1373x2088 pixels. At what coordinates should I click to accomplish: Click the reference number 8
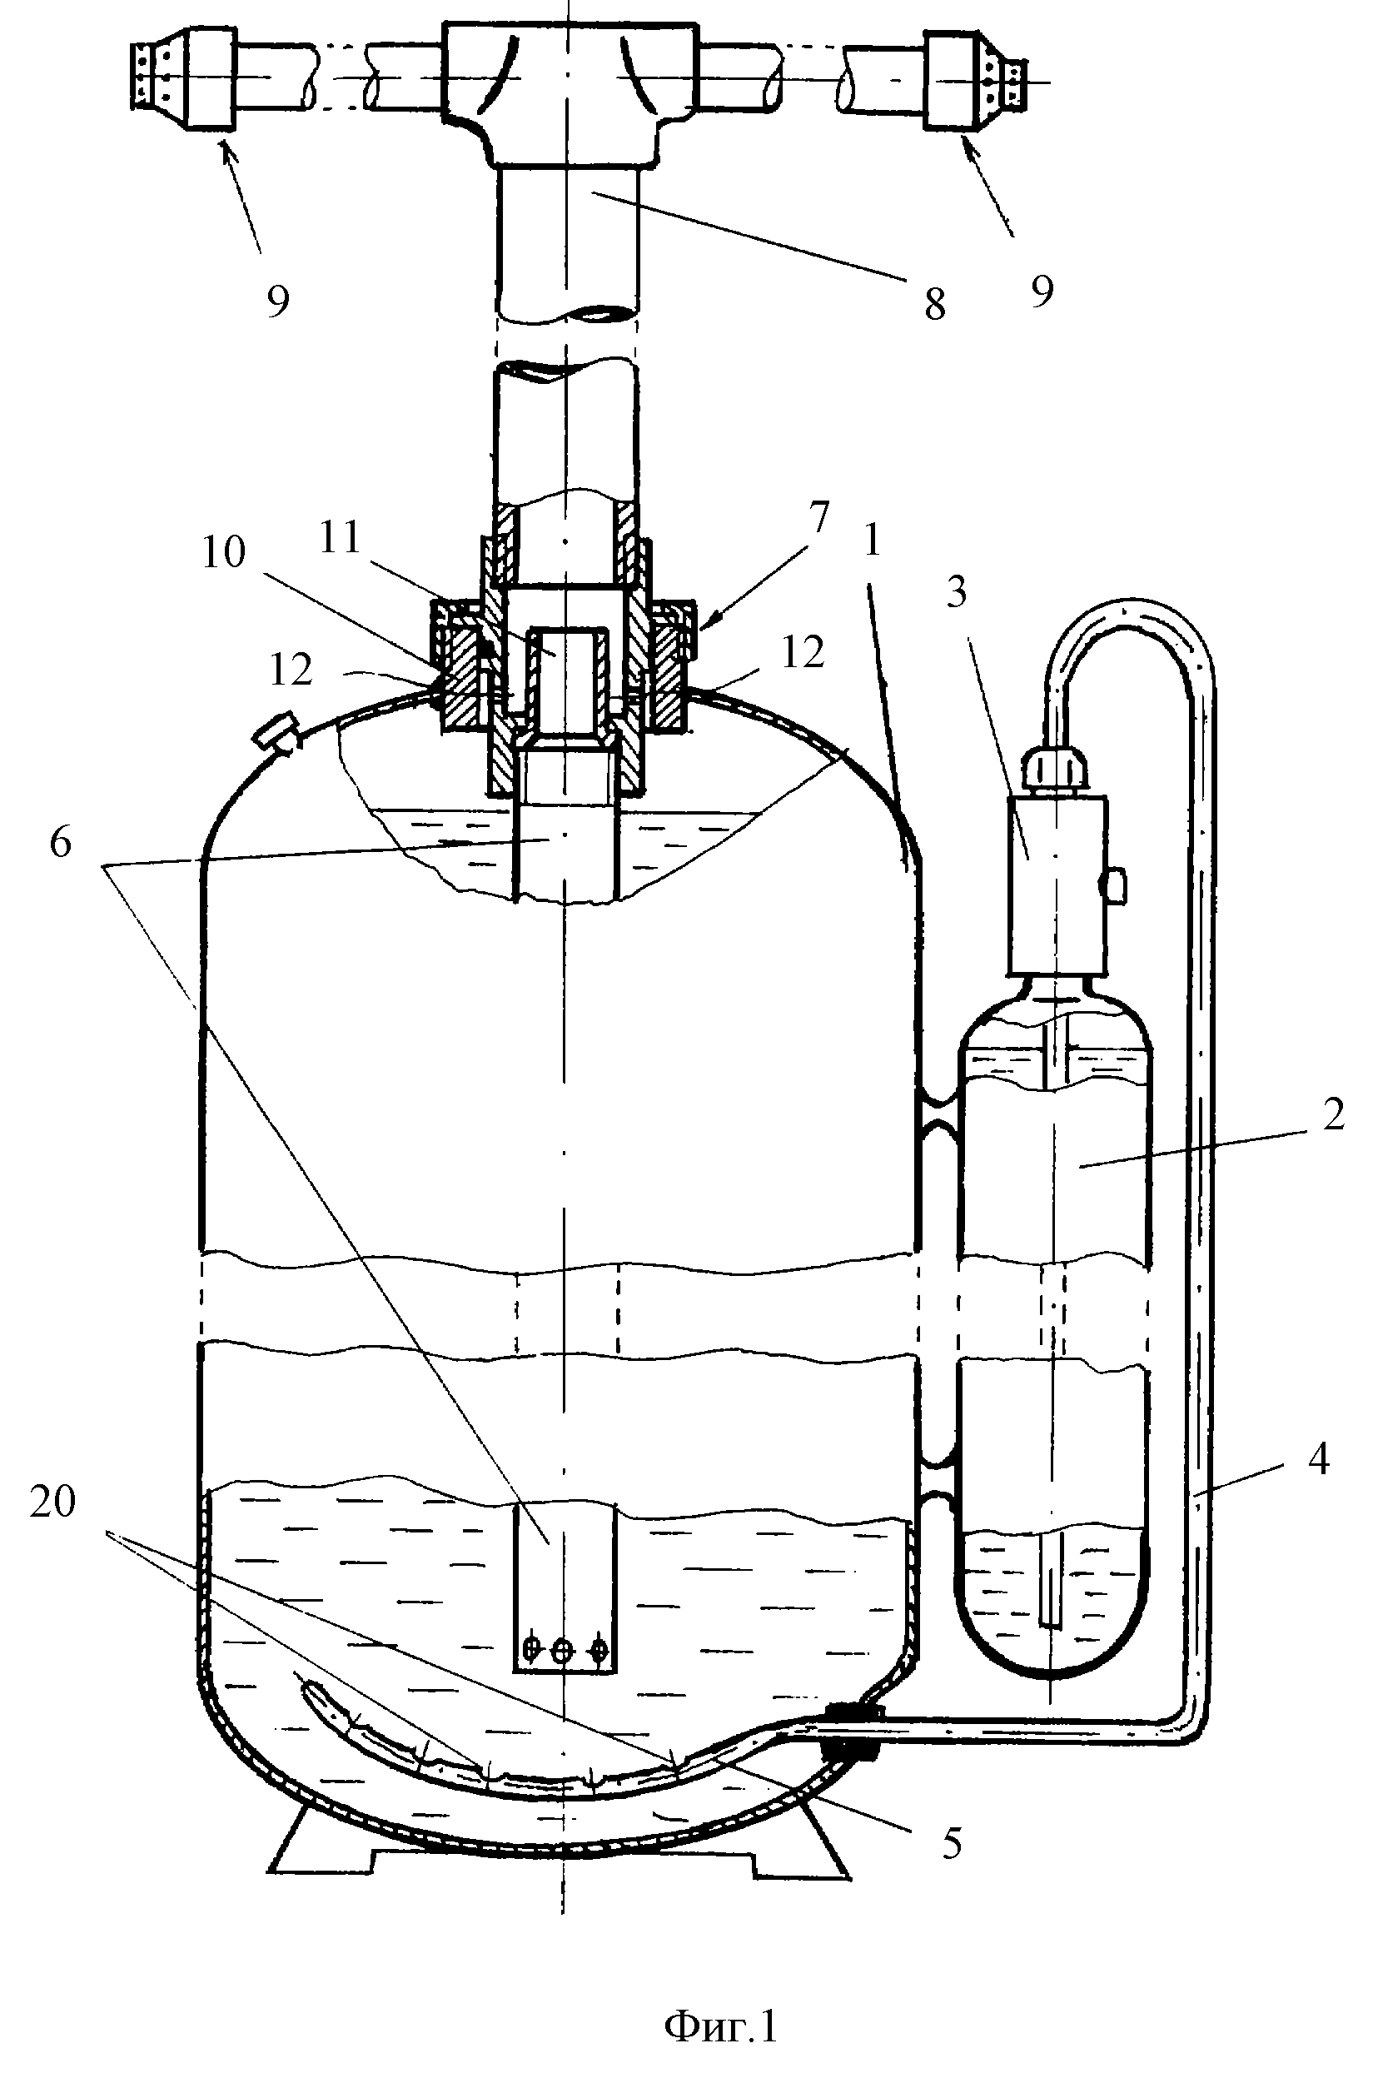[x=935, y=305]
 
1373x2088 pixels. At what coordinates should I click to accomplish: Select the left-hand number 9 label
[x=277, y=301]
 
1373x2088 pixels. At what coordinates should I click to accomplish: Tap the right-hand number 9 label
[x=1042, y=292]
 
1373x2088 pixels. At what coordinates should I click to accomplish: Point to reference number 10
[x=224, y=554]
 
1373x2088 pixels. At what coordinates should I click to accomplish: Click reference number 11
[x=340, y=537]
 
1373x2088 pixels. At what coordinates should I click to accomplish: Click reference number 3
[x=958, y=594]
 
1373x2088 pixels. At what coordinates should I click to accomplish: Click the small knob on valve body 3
[x=1115, y=885]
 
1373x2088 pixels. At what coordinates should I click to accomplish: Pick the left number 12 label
[x=291, y=671]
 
